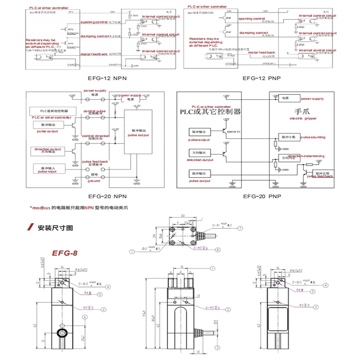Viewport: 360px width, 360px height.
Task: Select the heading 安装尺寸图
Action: click(56, 228)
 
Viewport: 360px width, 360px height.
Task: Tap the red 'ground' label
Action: click(94, 181)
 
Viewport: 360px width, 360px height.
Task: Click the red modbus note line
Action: click(79, 208)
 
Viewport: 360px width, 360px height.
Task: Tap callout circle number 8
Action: click(217, 250)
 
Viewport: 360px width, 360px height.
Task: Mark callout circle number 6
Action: click(84, 317)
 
